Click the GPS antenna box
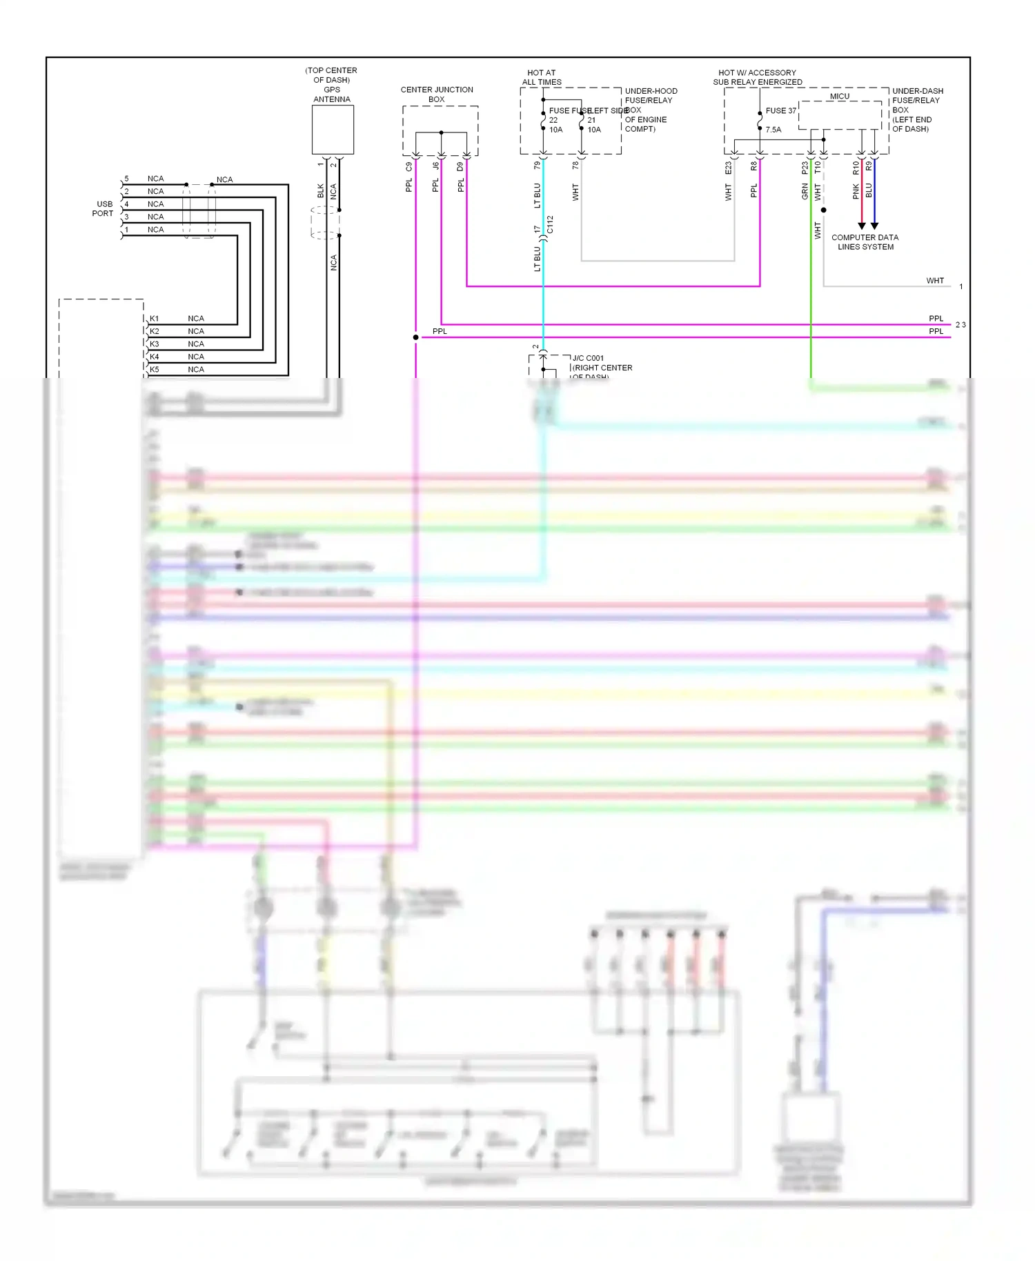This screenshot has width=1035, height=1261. point(333,130)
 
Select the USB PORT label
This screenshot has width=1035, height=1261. point(103,209)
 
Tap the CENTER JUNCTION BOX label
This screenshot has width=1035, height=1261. point(437,95)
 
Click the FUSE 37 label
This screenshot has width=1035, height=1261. point(780,110)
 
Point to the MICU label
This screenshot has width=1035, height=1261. point(840,96)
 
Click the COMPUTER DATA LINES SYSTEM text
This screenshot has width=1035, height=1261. point(865,242)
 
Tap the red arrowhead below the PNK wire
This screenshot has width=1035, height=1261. point(861,226)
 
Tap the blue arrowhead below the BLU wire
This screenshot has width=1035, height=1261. point(874,226)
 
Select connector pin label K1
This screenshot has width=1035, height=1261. point(155,319)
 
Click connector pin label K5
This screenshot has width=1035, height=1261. point(155,370)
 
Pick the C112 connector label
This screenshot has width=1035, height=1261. point(550,225)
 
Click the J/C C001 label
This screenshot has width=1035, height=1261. point(588,358)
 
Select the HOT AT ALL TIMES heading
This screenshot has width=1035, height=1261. point(542,77)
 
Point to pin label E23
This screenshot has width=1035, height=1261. point(728,168)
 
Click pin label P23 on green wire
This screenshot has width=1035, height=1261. point(805,168)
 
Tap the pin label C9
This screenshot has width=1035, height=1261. point(409,167)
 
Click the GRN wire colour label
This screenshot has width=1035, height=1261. point(805,191)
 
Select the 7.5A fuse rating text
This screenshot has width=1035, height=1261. point(773,130)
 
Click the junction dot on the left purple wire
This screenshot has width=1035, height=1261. point(415,337)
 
